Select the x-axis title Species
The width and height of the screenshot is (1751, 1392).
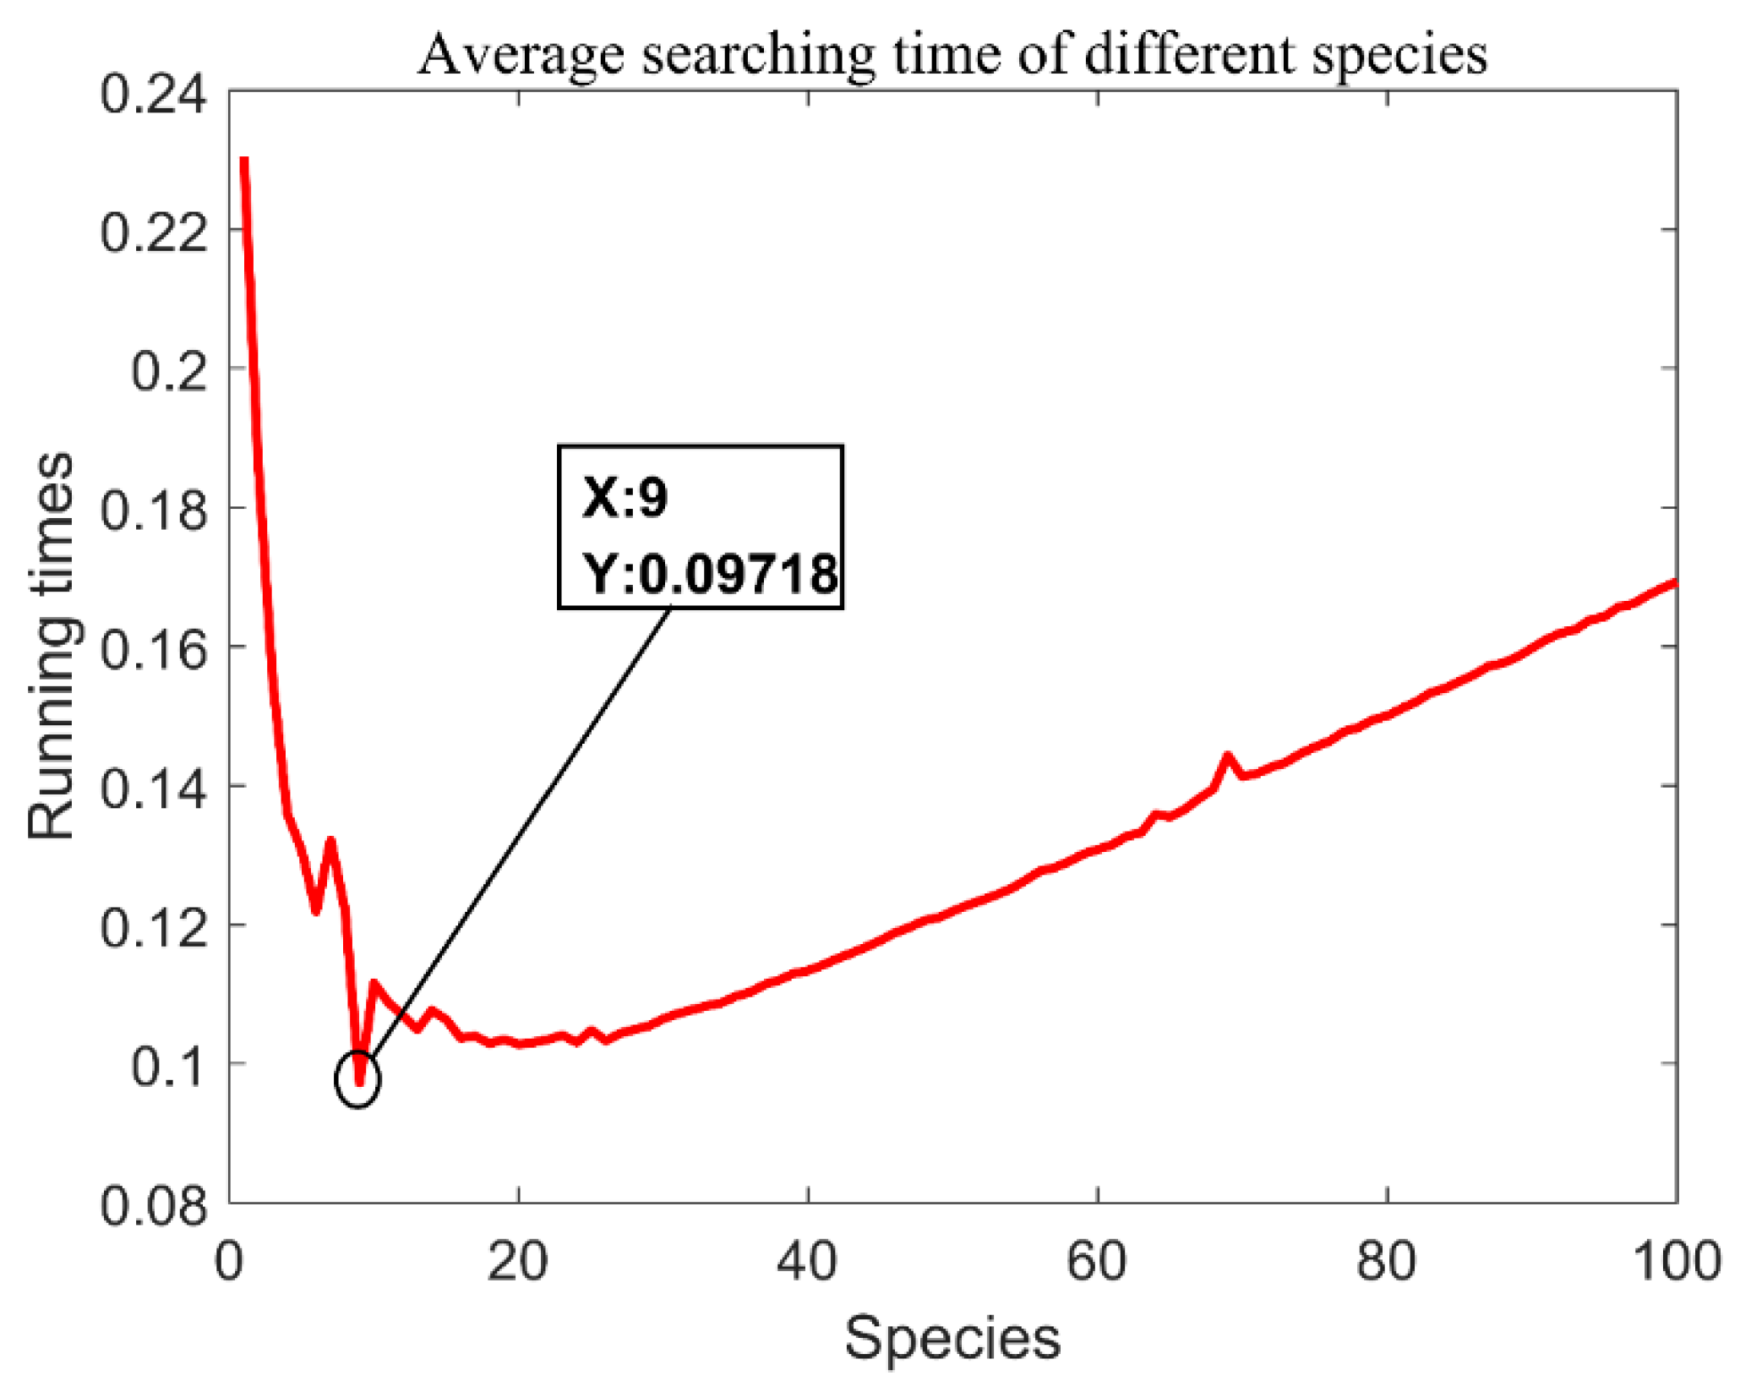(952, 1338)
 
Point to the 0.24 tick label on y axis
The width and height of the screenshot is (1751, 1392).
(153, 94)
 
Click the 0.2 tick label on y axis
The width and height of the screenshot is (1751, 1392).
(168, 370)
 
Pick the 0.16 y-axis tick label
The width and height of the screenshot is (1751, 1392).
(153, 649)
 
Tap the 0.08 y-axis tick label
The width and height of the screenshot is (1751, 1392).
(153, 1205)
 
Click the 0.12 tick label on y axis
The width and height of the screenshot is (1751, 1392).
(153, 927)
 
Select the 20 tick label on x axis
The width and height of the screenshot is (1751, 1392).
(517, 1261)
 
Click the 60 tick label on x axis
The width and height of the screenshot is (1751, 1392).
(1097, 1261)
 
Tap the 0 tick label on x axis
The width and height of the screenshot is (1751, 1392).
(229, 1261)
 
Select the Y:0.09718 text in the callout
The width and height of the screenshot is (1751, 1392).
(710, 574)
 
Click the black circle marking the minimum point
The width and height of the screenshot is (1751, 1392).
(358, 1079)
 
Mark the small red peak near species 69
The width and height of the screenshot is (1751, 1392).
(1227, 756)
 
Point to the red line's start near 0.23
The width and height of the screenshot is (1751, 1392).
(244, 161)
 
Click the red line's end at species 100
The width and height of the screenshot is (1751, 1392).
(1674, 582)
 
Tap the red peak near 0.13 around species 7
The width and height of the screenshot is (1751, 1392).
(330, 841)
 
